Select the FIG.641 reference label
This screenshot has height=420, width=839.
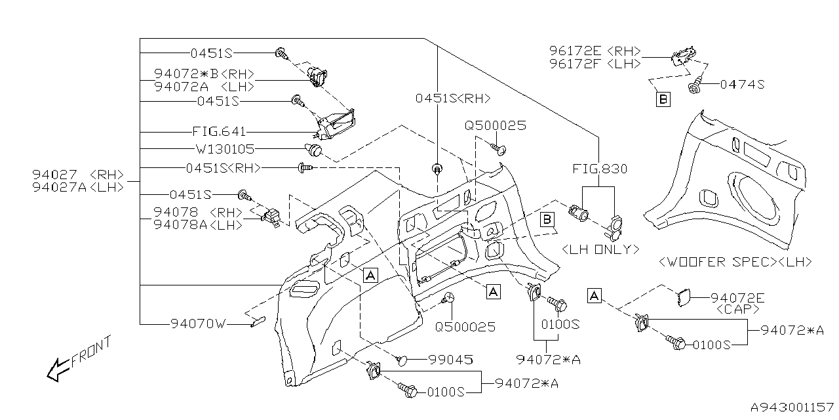218,132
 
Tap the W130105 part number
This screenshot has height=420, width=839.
224,150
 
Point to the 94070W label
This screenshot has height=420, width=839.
198,324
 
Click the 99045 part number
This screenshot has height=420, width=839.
450,360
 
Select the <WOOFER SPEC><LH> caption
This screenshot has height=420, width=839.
735,262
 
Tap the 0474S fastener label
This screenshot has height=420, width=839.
742,84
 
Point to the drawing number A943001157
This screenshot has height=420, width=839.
792,408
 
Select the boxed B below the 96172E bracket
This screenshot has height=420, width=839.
663,100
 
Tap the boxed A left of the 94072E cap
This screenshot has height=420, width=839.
594,296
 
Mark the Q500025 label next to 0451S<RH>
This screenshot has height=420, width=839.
496,125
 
